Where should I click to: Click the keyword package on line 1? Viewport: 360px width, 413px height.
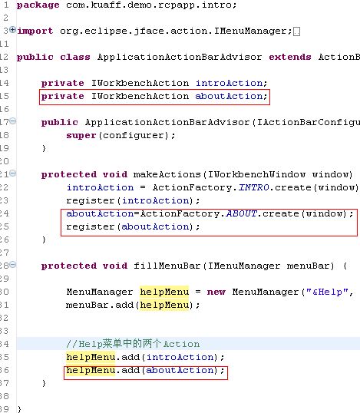(x=38, y=5)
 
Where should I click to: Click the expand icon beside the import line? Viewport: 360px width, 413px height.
(x=12, y=29)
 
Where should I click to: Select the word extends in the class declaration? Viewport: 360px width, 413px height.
(x=290, y=57)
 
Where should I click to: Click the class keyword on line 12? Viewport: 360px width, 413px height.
(x=75, y=57)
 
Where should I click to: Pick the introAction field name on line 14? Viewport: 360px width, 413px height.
(x=229, y=83)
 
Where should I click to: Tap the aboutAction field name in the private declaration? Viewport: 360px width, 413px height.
(x=229, y=96)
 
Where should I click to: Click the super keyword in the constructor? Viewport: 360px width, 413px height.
(x=81, y=136)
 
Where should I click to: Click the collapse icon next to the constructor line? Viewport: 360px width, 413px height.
(x=12, y=121)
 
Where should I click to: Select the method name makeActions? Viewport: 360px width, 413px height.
(x=167, y=174)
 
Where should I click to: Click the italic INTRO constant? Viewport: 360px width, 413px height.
(x=254, y=187)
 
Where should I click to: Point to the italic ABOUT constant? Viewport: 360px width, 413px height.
(x=242, y=213)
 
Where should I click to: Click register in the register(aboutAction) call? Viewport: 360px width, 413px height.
(x=91, y=226)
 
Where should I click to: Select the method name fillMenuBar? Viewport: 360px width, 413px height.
(x=167, y=266)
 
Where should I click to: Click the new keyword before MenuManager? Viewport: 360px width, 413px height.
(x=216, y=292)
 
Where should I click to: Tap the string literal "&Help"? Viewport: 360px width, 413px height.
(x=327, y=292)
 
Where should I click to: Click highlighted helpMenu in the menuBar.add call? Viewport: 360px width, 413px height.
(x=164, y=305)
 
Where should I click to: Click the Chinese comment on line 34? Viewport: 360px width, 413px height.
(x=133, y=344)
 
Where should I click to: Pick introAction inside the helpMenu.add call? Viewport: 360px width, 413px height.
(x=180, y=357)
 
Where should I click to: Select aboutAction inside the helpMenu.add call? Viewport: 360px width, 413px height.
(x=180, y=370)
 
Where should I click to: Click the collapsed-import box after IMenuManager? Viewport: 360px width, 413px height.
(x=296, y=31)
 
